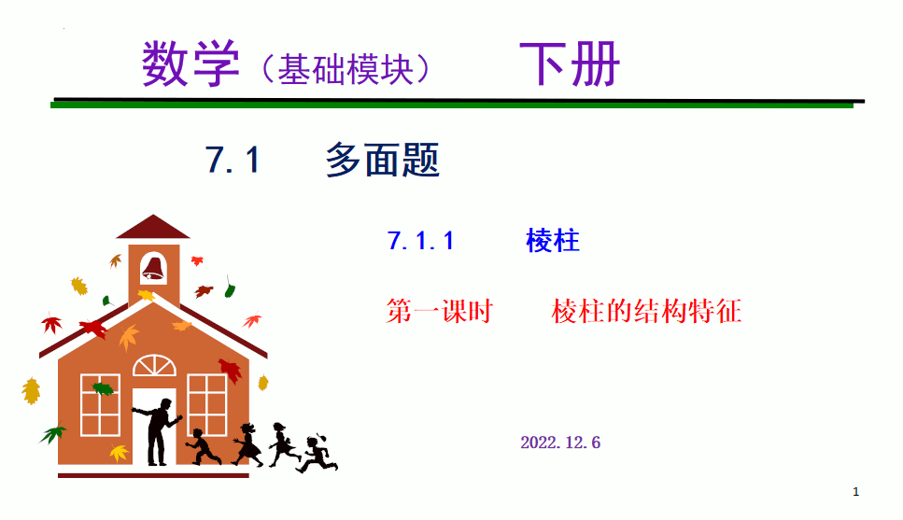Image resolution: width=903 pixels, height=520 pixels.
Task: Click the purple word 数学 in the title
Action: (190, 63)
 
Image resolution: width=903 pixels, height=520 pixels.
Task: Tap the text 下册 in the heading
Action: (570, 63)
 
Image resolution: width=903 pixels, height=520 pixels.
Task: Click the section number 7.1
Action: (233, 160)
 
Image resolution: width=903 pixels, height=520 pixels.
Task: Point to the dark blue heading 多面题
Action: (382, 160)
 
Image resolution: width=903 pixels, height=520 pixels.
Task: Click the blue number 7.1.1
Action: (420, 241)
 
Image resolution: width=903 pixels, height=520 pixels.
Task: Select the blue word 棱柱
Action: (552, 240)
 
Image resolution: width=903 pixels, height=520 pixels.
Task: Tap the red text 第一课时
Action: (440, 311)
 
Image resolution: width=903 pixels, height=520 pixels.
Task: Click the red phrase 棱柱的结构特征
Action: (646, 311)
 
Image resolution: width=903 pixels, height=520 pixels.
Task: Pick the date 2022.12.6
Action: (560, 443)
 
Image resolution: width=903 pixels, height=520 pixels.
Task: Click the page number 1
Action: (855, 491)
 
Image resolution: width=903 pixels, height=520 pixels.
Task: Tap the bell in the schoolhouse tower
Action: (154, 268)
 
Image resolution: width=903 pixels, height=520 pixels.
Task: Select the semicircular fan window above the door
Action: (154, 366)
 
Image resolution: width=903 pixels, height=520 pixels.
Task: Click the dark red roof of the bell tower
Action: (153, 227)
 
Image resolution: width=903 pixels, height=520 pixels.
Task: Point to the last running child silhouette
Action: (317, 454)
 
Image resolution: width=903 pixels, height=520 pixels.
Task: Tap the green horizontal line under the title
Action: (452, 105)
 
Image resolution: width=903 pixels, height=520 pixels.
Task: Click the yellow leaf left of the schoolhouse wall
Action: (31, 391)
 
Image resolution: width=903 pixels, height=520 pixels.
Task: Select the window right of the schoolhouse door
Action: (206, 404)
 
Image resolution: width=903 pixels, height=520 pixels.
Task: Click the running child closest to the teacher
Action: (202, 447)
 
